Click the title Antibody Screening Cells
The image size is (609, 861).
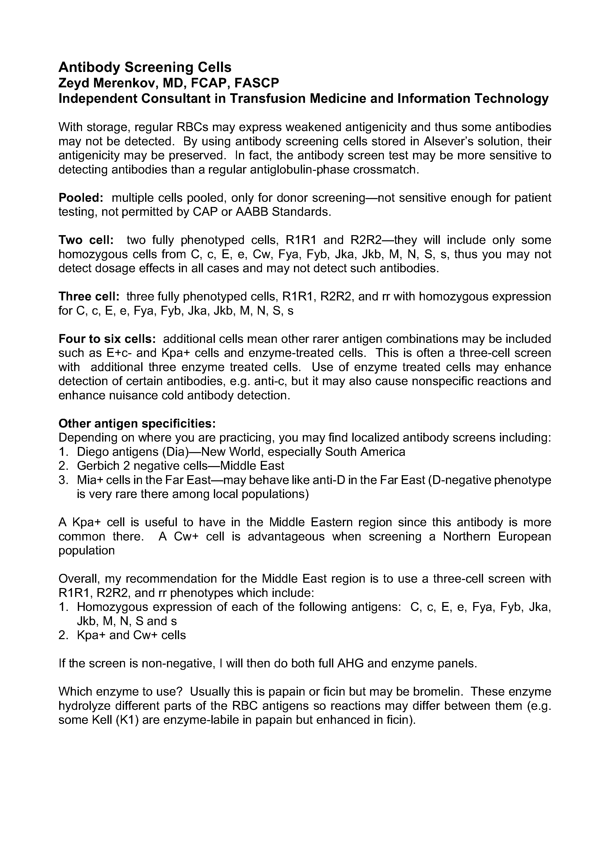click(x=145, y=67)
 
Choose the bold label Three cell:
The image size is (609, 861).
click(x=89, y=297)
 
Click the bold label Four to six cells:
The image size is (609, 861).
click(x=107, y=339)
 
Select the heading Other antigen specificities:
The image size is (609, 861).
click(x=137, y=424)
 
